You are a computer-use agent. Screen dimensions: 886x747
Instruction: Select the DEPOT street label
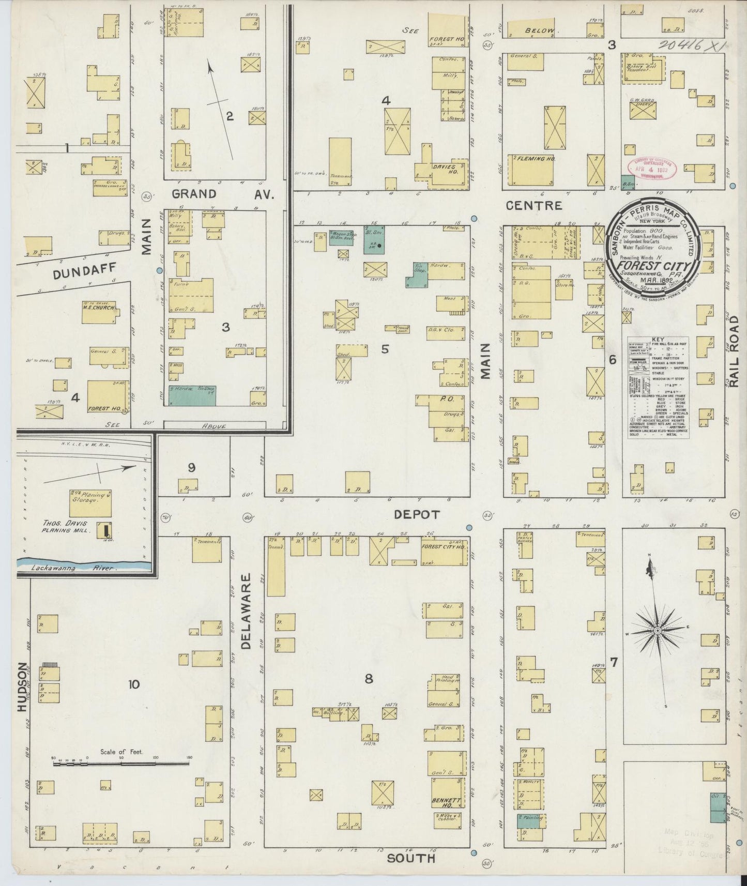click(416, 515)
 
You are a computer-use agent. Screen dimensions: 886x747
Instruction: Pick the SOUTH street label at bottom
click(410, 858)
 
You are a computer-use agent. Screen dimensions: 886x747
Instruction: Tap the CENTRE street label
click(533, 205)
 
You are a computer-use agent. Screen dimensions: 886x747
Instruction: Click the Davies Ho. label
click(446, 170)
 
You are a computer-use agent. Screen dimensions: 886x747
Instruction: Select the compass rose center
click(657, 631)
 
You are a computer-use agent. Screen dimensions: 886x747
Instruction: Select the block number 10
click(134, 684)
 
